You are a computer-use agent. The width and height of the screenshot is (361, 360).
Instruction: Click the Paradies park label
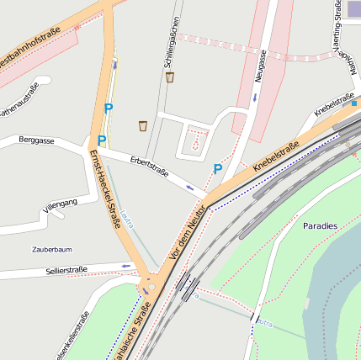pos(320,225)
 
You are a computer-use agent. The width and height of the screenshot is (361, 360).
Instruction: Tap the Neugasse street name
pos(260,66)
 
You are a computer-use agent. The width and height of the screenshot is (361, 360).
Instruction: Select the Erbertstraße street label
pos(149,167)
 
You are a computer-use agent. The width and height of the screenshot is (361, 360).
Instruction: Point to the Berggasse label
pos(36,140)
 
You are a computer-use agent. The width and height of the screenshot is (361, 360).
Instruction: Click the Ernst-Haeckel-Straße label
pos(105,189)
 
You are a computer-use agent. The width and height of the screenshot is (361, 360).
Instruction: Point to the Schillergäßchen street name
pos(172,42)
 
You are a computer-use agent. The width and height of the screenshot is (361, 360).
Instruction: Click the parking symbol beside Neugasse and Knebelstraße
pos(217,169)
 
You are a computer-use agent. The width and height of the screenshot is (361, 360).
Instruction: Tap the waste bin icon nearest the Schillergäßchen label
pos(170,77)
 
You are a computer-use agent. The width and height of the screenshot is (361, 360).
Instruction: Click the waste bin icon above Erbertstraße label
pos(143,126)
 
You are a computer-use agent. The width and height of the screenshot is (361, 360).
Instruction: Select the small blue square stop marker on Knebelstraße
pos(354,104)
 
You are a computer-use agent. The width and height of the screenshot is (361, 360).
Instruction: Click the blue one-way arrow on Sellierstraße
pos(125,267)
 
